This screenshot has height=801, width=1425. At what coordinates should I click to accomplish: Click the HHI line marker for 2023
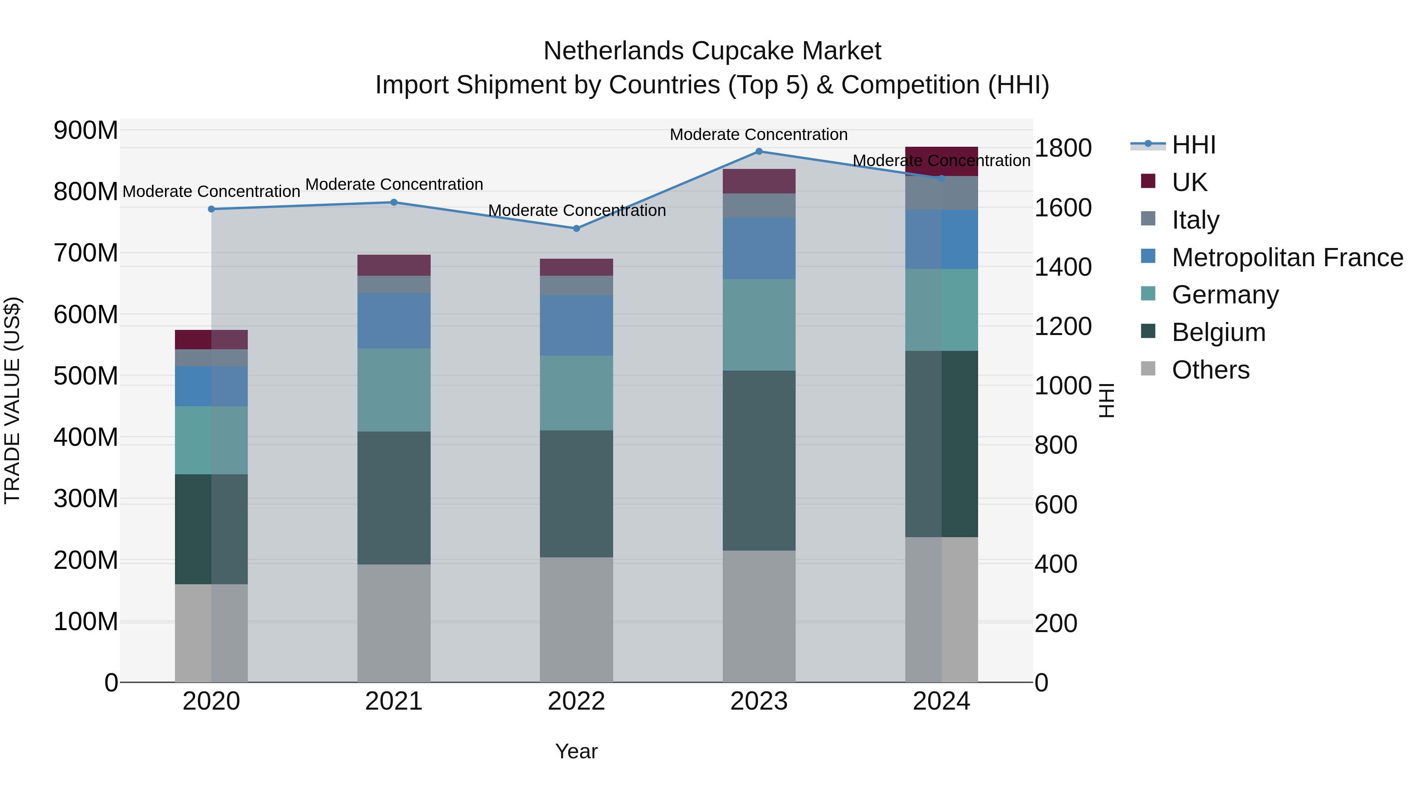(x=759, y=151)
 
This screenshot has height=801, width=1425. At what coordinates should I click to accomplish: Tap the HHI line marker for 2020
(x=211, y=209)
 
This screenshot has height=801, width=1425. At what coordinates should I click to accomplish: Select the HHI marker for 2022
(x=576, y=228)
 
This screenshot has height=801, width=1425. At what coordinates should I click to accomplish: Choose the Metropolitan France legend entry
(x=1287, y=257)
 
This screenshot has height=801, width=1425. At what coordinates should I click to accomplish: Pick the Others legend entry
(x=1210, y=369)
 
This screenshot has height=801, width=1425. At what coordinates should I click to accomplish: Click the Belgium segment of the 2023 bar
(x=759, y=460)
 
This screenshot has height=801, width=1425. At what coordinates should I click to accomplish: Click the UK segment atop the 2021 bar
(x=394, y=265)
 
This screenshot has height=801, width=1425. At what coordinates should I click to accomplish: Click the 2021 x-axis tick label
(x=394, y=701)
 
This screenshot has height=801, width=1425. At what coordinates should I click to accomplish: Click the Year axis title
(x=576, y=751)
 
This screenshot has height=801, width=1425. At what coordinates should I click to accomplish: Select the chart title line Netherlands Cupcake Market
(x=712, y=51)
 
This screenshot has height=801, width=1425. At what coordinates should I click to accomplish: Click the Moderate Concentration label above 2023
(x=758, y=134)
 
